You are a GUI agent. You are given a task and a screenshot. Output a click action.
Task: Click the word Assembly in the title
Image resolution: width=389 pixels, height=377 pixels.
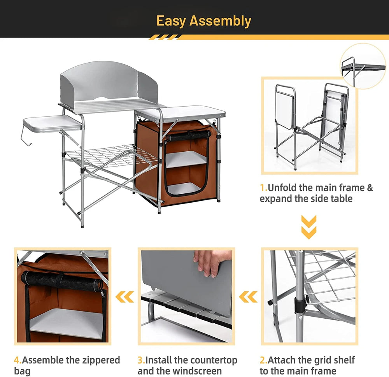pos(220,21)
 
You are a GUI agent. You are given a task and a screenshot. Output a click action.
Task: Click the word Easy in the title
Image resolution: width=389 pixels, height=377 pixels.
pos(171,21)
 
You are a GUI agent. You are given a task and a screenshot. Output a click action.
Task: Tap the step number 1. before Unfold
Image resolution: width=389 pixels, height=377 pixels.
pos(264,188)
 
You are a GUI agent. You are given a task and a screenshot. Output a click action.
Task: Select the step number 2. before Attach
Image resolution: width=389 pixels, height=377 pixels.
pos(264,360)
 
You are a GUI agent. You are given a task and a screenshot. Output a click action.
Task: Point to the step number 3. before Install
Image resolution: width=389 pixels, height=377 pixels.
pos(142,360)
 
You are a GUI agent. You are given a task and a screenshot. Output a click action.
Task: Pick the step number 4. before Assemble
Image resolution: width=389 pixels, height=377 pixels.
pos(18,360)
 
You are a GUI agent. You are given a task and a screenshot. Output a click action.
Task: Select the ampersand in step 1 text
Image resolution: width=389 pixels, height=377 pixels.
pos(370,188)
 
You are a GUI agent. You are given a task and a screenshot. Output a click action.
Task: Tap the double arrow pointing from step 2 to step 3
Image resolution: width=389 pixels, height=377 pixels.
pos(248,297)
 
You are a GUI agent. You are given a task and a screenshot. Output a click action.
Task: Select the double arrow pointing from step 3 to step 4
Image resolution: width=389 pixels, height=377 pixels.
pos(125,297)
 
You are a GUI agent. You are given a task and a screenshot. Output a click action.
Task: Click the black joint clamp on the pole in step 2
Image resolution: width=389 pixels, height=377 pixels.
pos(300,304)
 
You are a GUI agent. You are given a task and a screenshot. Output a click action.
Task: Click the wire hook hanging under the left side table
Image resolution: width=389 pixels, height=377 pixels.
pos(26,136)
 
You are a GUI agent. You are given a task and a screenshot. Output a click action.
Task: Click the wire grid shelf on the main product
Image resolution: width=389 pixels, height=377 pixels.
pos(112,156)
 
